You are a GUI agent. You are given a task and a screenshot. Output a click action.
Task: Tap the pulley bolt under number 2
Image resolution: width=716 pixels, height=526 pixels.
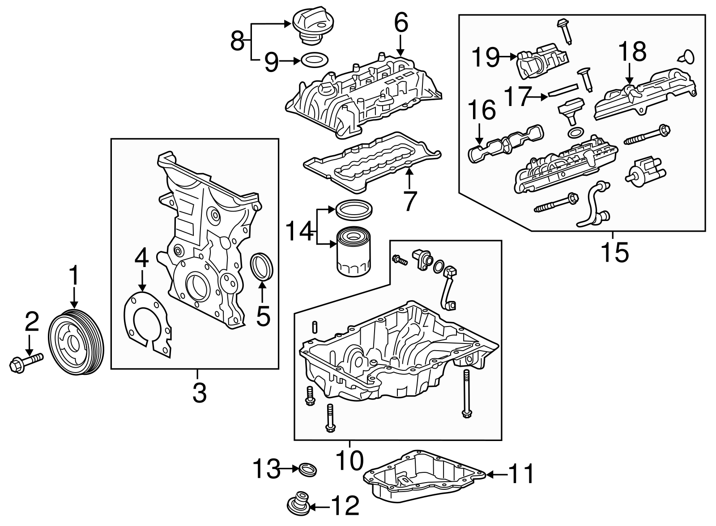(x=26, y=361)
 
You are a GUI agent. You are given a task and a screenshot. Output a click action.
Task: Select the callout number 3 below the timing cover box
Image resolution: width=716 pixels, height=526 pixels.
(x=199, y=393)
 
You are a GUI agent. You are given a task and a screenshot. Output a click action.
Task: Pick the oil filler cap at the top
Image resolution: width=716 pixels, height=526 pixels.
(x=310, y=27)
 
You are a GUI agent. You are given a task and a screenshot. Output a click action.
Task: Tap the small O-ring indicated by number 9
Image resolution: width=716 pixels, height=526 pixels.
(x=313, y=59)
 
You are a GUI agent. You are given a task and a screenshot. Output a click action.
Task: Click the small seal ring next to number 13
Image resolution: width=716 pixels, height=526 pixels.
(x=308, y=470)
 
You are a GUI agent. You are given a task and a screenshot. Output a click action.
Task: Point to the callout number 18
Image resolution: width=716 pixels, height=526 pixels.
(x=632, y=52)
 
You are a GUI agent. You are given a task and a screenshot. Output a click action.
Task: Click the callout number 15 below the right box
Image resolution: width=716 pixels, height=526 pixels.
(x=614, y=252)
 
